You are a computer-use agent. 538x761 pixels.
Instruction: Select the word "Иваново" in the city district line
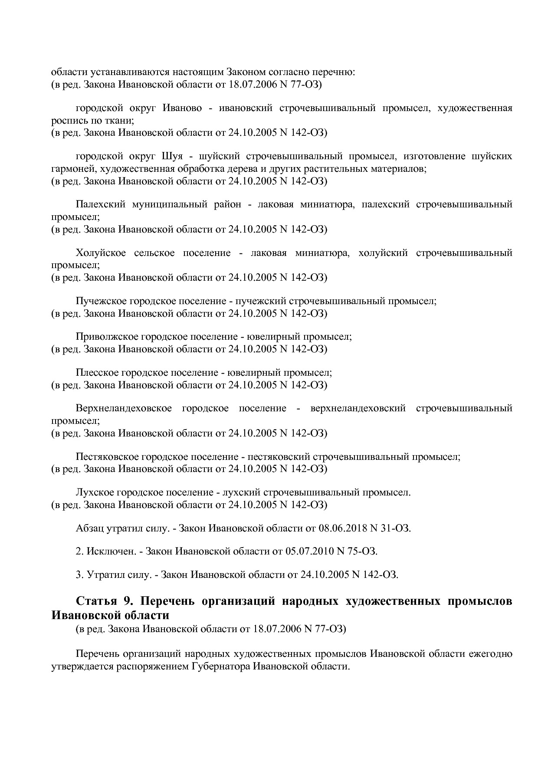click(182, 108)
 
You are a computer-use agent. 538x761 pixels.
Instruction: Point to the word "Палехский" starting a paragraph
click(100, 204)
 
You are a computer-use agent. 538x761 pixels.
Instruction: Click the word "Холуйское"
click(101, 253)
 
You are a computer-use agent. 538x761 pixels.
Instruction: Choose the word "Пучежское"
click(97, 301)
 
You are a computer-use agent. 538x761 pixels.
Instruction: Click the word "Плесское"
click(95, 373)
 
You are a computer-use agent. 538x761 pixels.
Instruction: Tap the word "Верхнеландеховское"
click(123, 408)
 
